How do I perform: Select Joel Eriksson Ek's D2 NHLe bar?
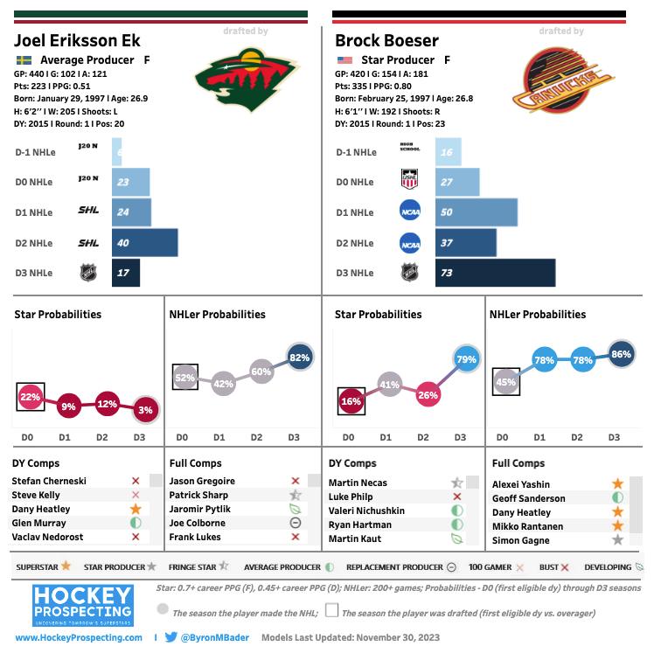pos(144,242)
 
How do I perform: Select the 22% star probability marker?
pos(30,397)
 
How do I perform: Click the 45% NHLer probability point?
pos(506,380)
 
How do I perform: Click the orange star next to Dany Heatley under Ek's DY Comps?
pos(136,509)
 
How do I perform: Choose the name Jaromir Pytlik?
pos(198,509)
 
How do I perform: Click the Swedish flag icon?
pos(24,60)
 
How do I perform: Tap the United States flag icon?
pos(344,60)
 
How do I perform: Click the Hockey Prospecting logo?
pos(82,605)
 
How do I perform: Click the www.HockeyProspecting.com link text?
pos(79,638)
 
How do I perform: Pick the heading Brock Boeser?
pos(387,41)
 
